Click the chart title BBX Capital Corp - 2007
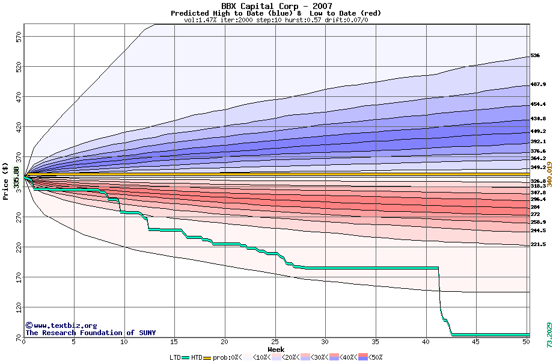[x=276, y=6]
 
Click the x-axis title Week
[x=276, y=349]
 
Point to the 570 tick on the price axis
[x=18, y=37]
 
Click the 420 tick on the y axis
[x=18, y=128]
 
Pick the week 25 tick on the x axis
[x=275, y=342]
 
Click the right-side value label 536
[x=535, y=56]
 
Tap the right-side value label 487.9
[x=537, y=85]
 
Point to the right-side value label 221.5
[x=537, y=245]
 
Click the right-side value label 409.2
[x=537, y=131]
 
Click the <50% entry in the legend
[x=374, y=357]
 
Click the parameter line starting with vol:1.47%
[x=276, y=20]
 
